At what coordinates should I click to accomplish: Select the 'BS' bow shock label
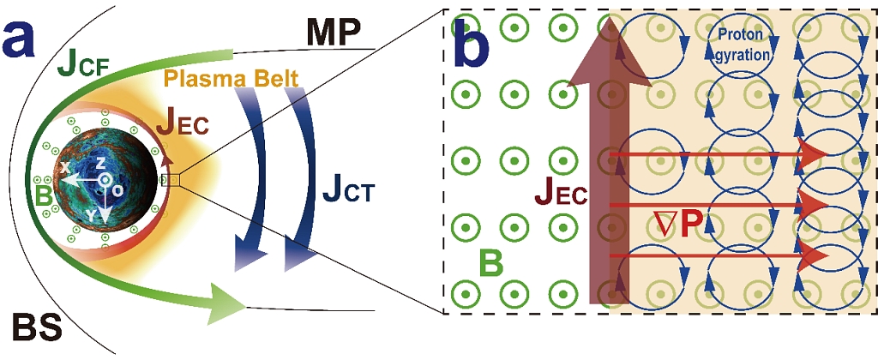(38, 327)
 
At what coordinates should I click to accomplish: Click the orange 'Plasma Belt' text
(232, 80)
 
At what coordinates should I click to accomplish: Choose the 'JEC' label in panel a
(182, 125)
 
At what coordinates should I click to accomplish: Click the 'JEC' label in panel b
(561, 195)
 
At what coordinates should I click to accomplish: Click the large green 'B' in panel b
(490, 263)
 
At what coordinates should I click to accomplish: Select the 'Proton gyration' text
(742, 45)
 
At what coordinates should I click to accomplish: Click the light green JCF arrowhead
(227, 303)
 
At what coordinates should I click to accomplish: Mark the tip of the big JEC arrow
(609, 21)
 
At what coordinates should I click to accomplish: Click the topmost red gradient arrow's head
(815, 154)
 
